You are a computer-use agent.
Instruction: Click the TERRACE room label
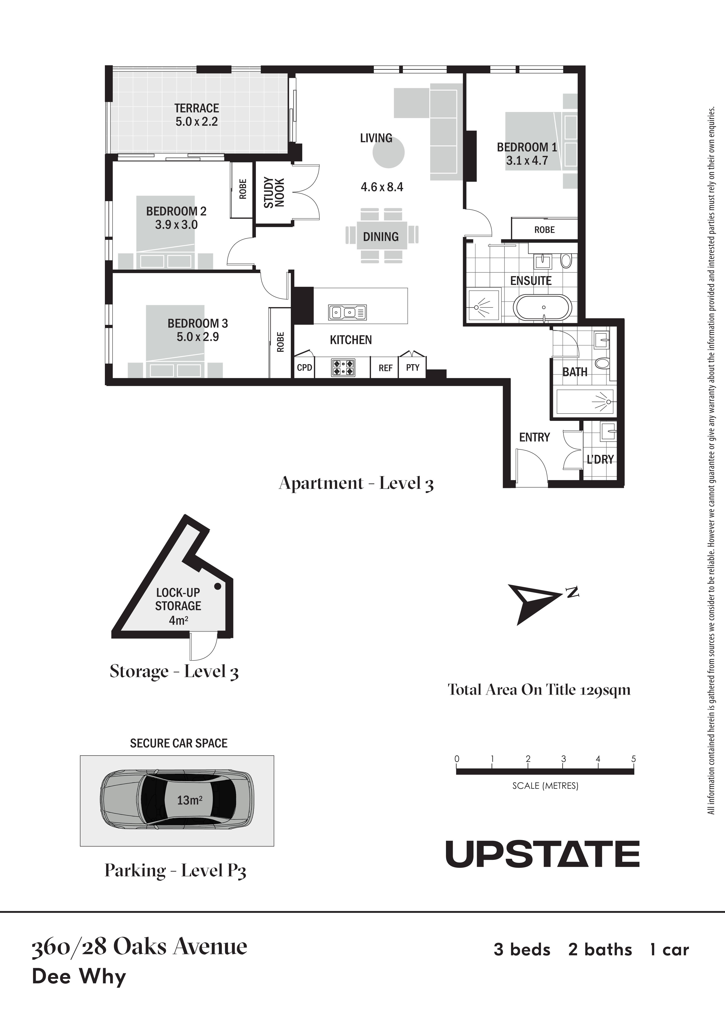coord(196,108)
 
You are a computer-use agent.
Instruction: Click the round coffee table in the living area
coord(389,152)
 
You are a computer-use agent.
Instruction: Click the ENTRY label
coord(534,437)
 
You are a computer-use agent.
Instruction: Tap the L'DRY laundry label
coord(600,459)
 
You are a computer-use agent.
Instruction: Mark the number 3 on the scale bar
coord(563,759)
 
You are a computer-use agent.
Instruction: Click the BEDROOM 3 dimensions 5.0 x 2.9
coord(198,337)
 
